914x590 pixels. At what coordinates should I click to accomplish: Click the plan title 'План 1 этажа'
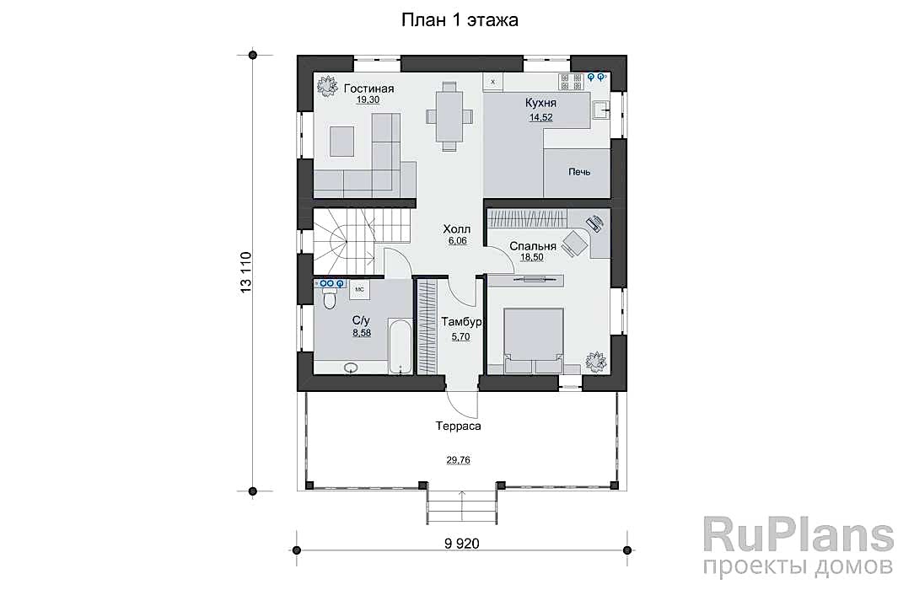click(460, 20)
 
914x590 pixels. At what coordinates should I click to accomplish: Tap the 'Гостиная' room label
click(368, 88)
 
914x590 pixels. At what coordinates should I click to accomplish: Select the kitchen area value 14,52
click(540, 117)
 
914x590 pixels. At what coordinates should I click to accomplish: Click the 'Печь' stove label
click(579, 172)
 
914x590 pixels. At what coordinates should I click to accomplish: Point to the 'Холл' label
click(456, 229)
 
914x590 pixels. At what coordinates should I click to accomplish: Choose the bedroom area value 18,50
click(531, 257)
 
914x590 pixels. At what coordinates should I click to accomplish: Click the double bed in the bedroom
click(534, 341)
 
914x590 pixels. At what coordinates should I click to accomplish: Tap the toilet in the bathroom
click(330, 299)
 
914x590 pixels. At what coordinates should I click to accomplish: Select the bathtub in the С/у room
click(401, 346)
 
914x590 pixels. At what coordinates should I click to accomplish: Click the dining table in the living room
click(449, 116)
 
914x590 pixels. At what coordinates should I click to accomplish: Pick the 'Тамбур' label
click(461, 322)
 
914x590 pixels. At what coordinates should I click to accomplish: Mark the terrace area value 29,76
click(458, 460)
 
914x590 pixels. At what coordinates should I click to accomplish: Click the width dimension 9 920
click(462, 544)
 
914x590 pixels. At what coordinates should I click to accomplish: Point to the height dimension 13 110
click(245, 271)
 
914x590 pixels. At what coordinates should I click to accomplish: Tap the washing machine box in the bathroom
click(359, 290)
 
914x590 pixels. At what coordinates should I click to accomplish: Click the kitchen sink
click(600, 109)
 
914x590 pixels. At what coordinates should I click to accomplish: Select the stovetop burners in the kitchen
click(571, 82)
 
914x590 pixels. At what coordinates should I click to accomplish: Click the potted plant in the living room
click(327, 86)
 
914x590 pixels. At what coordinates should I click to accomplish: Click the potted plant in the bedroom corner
click(596, 361)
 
